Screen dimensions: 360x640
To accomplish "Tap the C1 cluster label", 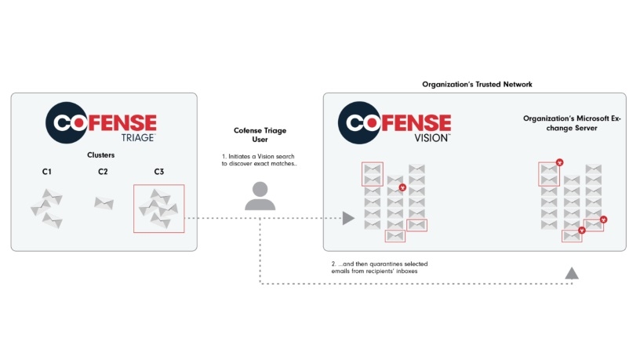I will coord(46,172).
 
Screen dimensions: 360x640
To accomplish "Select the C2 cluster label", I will coord(103,172).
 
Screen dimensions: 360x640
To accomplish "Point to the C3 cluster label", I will coord(158,172).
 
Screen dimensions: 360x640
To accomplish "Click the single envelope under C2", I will coord(104,203).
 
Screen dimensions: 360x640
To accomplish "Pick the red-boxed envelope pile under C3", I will coord(158,208).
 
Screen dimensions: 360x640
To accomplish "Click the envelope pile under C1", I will coord(46,209).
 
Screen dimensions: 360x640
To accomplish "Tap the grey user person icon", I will coord(260,196).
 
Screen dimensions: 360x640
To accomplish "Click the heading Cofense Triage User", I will coord(260,135).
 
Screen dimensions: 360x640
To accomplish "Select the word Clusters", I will coord(100,155).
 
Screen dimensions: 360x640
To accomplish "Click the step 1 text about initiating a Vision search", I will coord(260,161).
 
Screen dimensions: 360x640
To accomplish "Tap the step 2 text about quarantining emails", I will coord(379,267).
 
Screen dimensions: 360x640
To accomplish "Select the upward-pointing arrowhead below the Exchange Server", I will coord(572,273).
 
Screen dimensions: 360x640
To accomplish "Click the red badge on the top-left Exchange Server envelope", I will coord(559,162).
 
